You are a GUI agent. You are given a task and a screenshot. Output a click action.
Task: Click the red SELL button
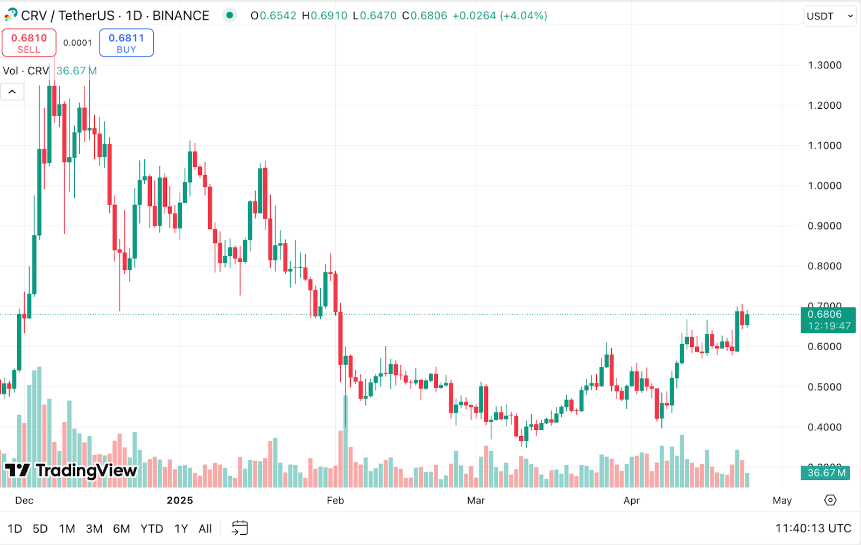click(x=29, y=43)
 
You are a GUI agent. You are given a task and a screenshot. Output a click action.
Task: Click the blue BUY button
click(x=126, y=43)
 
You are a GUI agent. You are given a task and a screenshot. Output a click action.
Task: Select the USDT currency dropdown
click(x=829, y=16)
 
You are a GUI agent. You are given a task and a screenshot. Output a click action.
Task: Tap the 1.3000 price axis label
click(x=824, y=65)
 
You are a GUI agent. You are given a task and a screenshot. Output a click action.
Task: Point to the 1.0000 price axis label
click(x=824, y=186)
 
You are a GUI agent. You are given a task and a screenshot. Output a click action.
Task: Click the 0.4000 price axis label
click(x=824, y=428)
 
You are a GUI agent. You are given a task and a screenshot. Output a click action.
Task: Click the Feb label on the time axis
click(x=335, y=500)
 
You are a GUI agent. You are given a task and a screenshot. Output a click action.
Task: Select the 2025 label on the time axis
click(x=180, y=500)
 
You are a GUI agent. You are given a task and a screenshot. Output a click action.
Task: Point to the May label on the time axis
click(x=782, y=500)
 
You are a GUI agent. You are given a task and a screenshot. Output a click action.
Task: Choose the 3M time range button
click(x=94, y=529)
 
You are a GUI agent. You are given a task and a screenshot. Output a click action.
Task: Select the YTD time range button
click(x=152, y=529)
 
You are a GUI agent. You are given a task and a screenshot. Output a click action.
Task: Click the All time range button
click(x=205, y=529)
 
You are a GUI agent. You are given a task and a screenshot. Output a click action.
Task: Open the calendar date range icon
click(x=240, y=528)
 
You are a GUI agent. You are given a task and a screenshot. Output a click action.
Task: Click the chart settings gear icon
click(x=830, y=500)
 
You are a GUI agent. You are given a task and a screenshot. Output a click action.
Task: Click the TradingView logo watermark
click(x=71, y=471)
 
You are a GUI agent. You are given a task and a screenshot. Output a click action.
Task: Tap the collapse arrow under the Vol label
click(x=12, y=92)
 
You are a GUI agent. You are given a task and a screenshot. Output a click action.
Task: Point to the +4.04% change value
click(x=524, y=16)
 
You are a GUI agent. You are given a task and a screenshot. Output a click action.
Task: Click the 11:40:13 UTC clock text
click(x=813, y=528)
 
